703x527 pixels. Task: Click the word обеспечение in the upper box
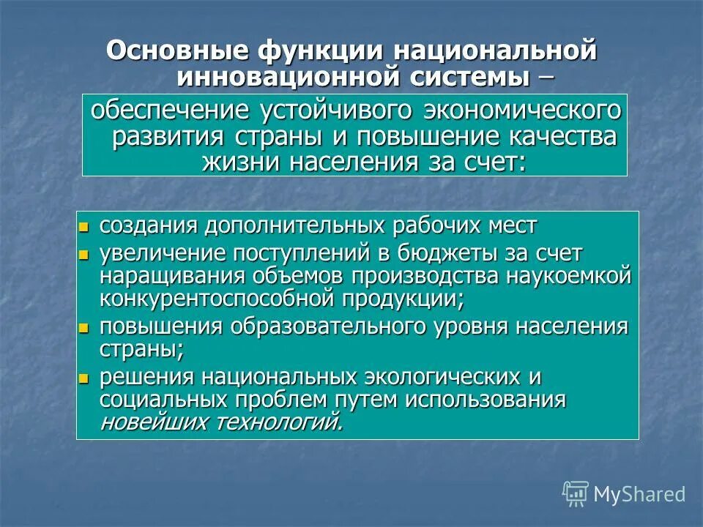coord(170,112)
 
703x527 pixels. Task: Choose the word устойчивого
coord(337,112)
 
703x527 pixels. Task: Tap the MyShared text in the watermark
coord(639,495)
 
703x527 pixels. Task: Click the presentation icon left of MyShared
coord(576,493)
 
